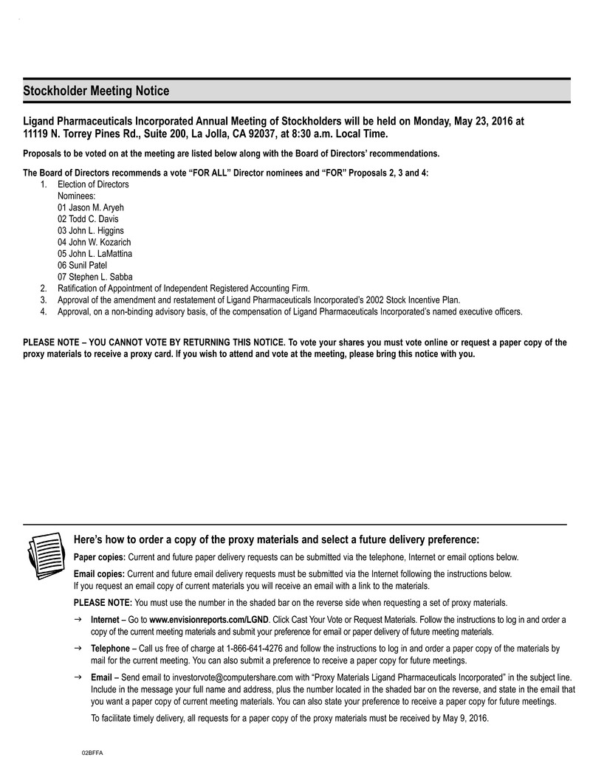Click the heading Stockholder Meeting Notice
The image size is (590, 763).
(x=96, y=92)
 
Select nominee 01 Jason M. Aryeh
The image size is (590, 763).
(x=91, y=207)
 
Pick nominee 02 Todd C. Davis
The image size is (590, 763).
(x=87, y=219)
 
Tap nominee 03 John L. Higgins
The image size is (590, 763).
(x=90, y=230)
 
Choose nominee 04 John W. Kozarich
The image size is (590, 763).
(x=94, y=242)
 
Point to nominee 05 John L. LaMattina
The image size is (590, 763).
(x=95, y=253)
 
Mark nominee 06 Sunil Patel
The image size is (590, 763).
(x=82, y=265)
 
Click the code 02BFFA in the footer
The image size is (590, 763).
(x=92, y=752)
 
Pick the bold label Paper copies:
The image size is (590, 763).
(x=100, y=557)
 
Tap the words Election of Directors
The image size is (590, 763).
(x=93, y=184)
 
